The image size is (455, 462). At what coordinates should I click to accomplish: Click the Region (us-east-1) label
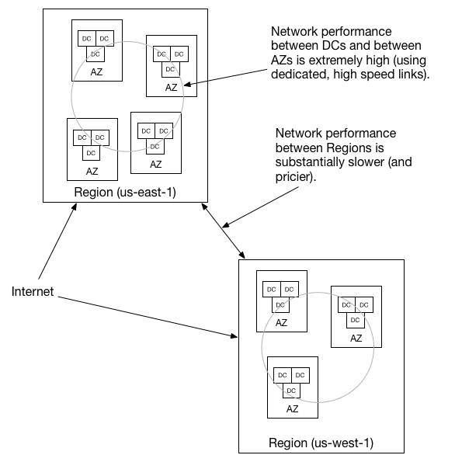coord(125,192)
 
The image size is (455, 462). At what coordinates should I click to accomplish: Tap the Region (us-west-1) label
coord(321,443)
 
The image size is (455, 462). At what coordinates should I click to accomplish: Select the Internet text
coord(33,291)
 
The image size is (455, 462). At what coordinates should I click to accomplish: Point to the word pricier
coord(293,176)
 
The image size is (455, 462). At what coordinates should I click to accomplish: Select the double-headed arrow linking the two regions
coord(223,231)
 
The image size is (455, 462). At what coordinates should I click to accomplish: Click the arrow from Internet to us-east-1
coord(57,241)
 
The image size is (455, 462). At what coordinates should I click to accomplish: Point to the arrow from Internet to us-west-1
coord(148,317)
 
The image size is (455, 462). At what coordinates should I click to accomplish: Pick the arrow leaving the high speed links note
coord(225,78)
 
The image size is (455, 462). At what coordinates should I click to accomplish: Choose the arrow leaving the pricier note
coord(260,207)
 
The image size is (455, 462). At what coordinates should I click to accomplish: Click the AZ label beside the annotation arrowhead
coord(172,88)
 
